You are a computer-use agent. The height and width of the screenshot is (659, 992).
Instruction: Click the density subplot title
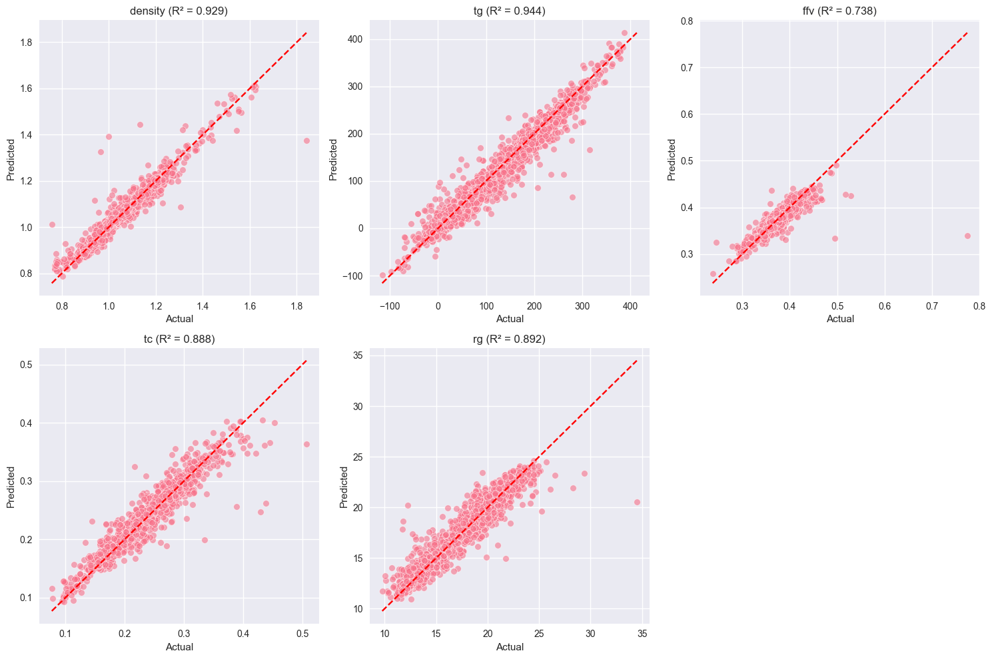179,11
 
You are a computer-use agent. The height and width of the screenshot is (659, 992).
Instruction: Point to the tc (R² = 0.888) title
179,339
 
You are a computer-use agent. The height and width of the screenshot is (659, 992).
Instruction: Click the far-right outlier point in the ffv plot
967,236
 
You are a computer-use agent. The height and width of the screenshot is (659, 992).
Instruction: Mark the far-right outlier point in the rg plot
637,502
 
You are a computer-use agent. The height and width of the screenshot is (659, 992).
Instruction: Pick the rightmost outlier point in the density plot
306,140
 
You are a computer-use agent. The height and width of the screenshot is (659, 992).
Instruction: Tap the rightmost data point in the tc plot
306,444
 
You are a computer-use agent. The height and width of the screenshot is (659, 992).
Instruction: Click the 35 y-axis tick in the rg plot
357,355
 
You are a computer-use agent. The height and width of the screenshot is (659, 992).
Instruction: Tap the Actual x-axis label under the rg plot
510,647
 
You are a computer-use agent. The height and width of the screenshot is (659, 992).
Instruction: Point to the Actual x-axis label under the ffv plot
840,318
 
